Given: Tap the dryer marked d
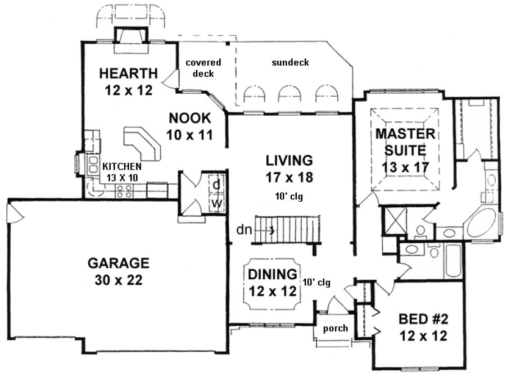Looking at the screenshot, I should [x=215, y=184].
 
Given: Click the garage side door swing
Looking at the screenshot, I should [x=14, y=212].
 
